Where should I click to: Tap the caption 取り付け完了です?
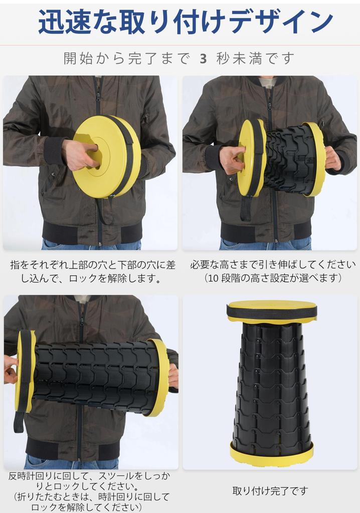coord(271,491)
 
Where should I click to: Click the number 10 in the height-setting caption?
coord(213,278)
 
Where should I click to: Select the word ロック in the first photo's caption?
coord(83,279)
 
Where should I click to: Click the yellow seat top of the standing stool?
coord(272,305)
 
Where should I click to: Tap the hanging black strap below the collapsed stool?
coord(104,209)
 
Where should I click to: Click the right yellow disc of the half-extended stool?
coord(314,159)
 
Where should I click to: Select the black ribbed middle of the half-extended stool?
coord(285,159)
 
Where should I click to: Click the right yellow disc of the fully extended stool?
coord(159,377)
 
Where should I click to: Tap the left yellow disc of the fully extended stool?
coord(25,371)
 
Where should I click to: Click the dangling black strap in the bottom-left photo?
coord(19,422)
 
